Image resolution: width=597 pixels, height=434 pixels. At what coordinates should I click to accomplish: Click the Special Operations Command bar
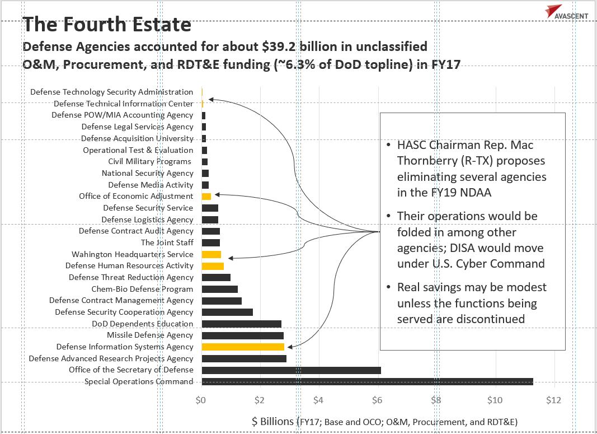tap(367, 382)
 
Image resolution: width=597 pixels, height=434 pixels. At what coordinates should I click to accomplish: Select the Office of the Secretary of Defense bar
tap(291, 370)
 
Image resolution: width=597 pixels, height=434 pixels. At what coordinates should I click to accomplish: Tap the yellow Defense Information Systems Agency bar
tap(243, 347)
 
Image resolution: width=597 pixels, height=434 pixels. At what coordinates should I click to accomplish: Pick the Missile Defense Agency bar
tap(242, 335)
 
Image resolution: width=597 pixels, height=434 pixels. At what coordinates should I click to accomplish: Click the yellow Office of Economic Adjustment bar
tap(206, 197)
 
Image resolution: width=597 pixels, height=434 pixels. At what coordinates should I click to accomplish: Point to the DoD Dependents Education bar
tap(241, 324)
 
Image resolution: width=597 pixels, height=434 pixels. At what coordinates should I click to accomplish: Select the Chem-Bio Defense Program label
tap(142, 290)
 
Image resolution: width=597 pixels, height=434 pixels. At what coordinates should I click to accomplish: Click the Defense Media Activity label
tap(151, 185)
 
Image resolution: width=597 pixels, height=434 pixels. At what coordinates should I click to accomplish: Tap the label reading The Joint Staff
tap(167, 242)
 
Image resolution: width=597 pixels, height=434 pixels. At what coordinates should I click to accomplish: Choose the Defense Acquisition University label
tap(137, 138)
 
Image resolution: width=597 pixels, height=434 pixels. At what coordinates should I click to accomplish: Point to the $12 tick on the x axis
tap(553, 400)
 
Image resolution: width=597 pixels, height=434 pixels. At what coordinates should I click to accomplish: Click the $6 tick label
tap(377, 400)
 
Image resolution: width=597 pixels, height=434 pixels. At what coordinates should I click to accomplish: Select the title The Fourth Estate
tap(107, 25)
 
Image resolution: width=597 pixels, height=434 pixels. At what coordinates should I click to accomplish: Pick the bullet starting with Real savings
tap(472, 303)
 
